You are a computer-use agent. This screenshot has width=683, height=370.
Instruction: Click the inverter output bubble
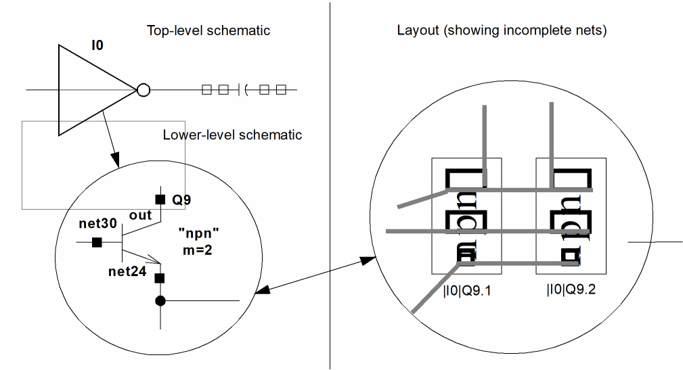144,90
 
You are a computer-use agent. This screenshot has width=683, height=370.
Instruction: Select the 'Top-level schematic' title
208,30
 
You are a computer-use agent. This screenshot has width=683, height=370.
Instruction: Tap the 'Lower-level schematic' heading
232,135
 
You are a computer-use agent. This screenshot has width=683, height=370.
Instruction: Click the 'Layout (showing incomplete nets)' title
502,30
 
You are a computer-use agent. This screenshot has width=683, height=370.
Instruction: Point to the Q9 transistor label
181,200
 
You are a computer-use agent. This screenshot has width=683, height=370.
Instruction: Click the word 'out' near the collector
140,216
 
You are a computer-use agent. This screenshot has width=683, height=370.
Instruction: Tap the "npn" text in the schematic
199,232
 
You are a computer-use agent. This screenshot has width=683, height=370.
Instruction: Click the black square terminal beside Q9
160,199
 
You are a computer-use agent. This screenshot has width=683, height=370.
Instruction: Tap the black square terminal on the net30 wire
97,241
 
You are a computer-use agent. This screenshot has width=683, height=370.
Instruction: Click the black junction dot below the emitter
160,300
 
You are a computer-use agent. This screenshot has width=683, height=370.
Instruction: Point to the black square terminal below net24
160,278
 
